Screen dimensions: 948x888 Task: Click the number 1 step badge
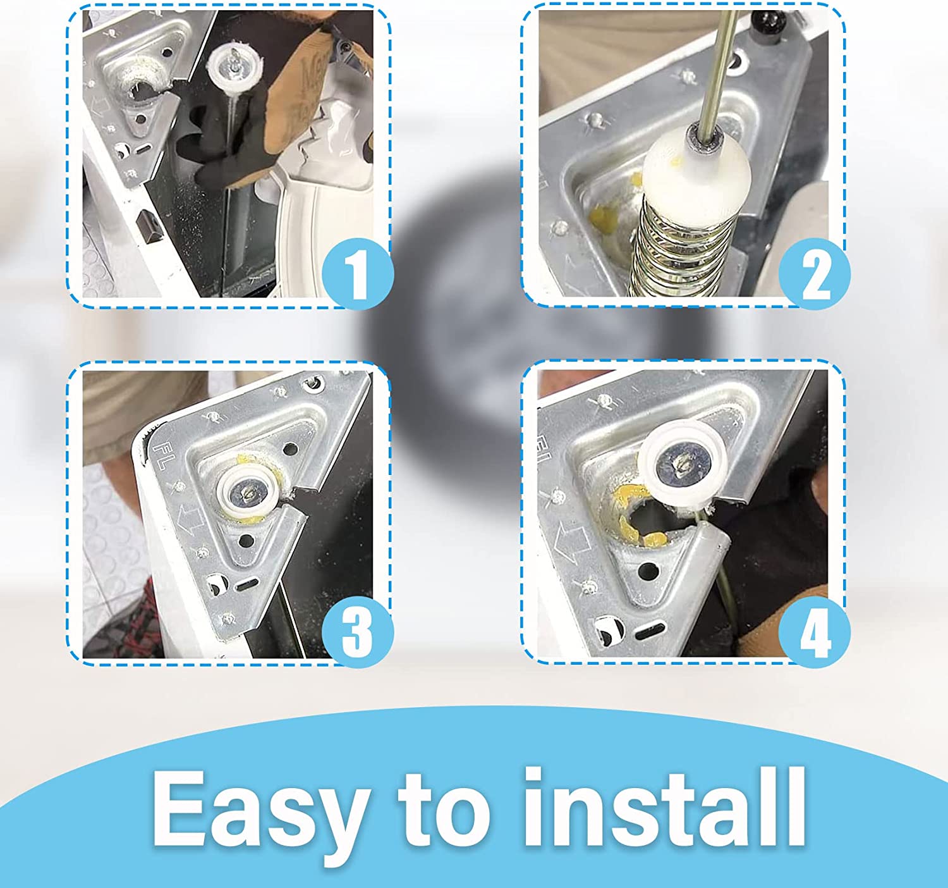pyautogui.click(x=357, y=273)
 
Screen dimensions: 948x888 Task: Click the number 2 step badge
pyautogui.click(x=815, y=273)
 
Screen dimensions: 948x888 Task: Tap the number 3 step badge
pyautogui.click(x=357, y=632)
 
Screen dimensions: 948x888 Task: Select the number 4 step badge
pyautogui.click(x=815, y=632)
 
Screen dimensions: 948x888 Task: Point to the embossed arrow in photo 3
pyautogui.click(x=191, y=521)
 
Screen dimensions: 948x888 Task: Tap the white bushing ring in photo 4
pyautogui.click(x=683, y=466)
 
